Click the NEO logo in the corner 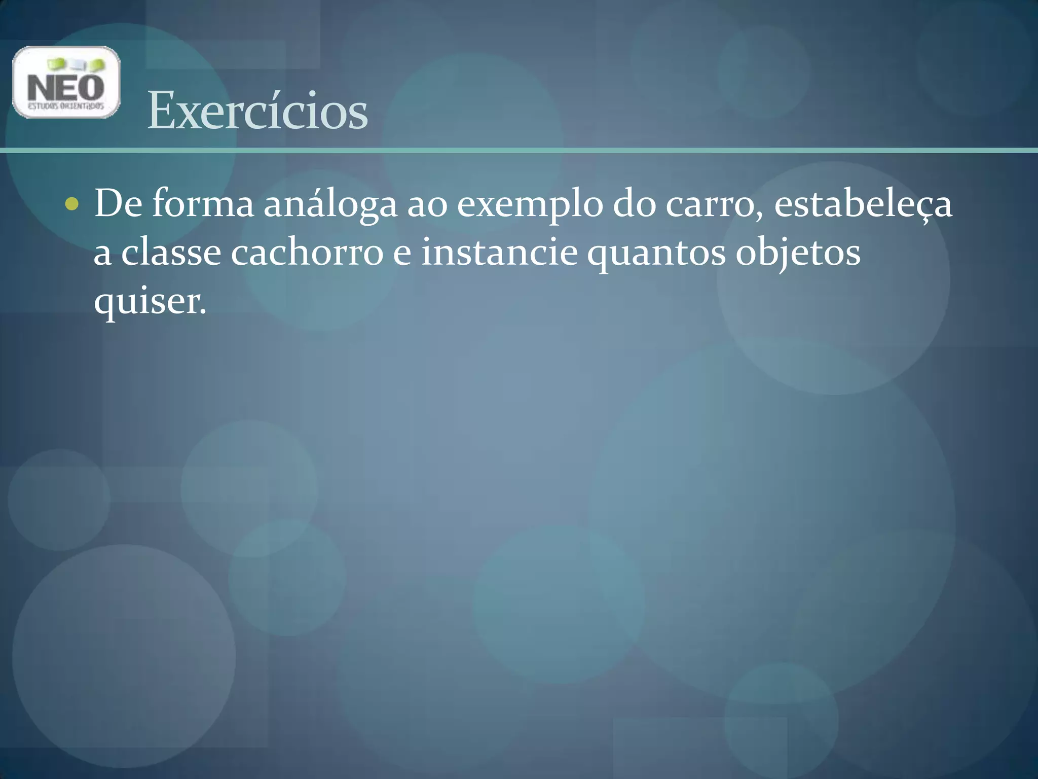(x=66, y=82)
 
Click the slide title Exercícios (x=257, y=111)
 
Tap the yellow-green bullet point (x=72, y=204)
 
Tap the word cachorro (x=307, y=253)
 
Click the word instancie (x=499, y=253)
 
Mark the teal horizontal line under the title (x=519, y=150)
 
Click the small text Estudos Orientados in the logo (x=66, y=107)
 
